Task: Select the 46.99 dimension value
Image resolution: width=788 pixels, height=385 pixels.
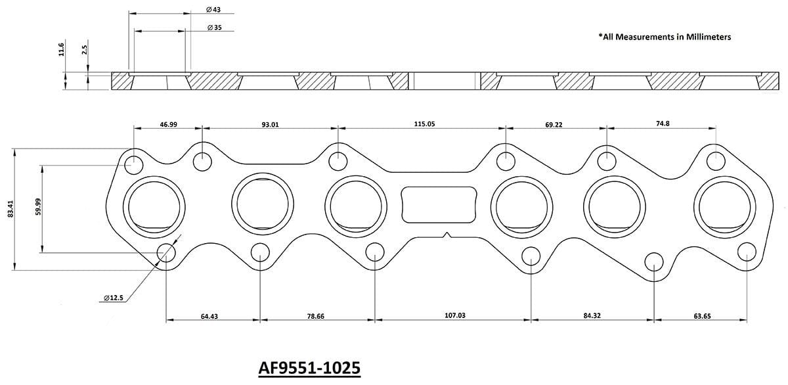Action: click(168, 124)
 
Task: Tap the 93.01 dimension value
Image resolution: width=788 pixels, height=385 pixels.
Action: click(270, 124)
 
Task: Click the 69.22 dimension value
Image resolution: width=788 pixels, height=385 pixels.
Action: click(554, 124)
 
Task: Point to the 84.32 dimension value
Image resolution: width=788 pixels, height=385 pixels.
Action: click(592, 316)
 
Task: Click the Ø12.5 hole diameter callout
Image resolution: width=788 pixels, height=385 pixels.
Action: click(113, 298)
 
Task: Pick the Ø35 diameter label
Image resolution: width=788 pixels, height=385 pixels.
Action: click(213, 28)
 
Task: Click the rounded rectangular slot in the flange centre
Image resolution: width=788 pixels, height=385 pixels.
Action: click(438, 204)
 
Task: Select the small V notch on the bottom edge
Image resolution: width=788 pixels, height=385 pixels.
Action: click(447, 235)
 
